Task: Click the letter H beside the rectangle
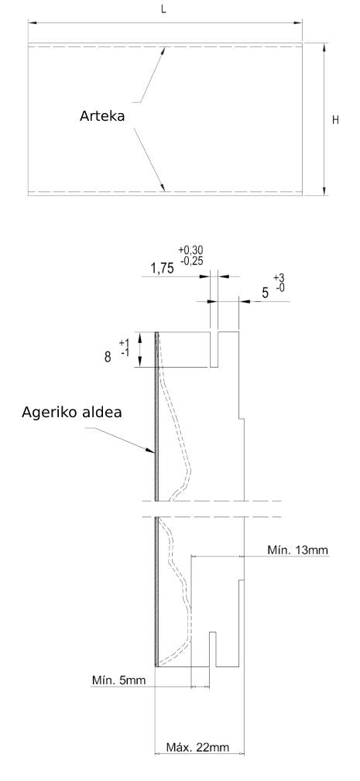pyautogui.click(x=335, y=120)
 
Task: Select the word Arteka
pyautogui.click(x=102, y=116)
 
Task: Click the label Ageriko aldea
pyautogui.click(x=72, y=413)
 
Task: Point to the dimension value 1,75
pyautogui.click(x=162, y=269)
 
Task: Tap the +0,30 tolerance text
pyautogui.click(x=190, y=250)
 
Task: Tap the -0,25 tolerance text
pyautogui.click(x=191, y=259)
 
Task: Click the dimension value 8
pyautogui.click(x=108, y=357)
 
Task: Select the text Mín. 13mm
pyautogui.click(x=298, y=550)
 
